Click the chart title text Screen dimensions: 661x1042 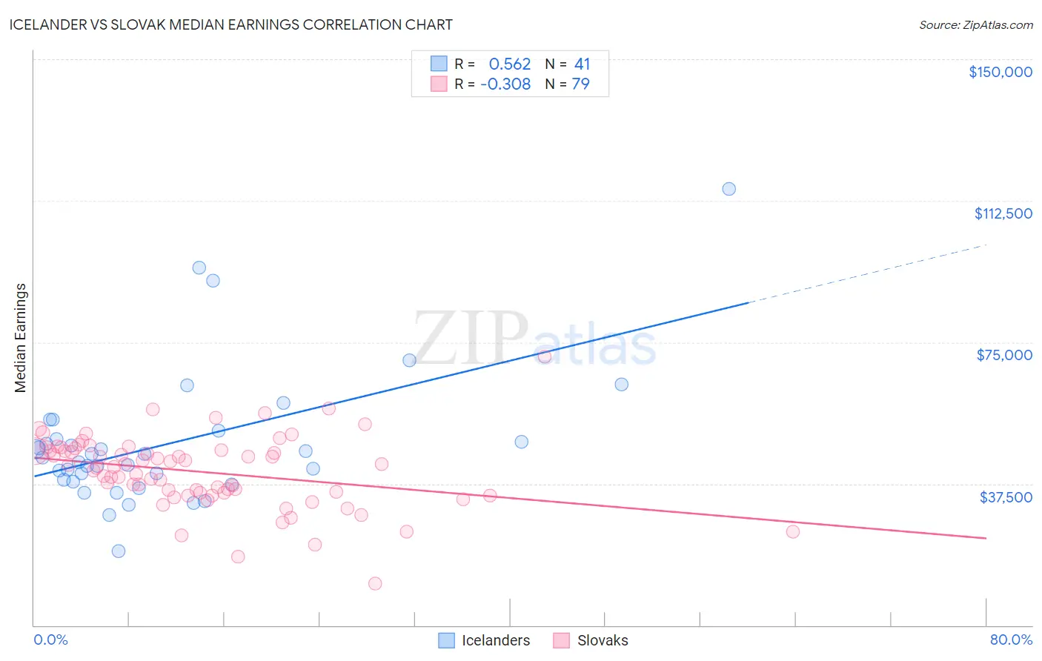[230, 24]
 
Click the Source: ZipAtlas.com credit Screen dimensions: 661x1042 [975, 24]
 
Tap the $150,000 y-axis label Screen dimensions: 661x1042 [1000, 72]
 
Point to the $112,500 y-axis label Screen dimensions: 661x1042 [1003, 213]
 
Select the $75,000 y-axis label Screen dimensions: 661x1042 [1003, 355]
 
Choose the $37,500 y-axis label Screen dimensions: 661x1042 [1005, 497]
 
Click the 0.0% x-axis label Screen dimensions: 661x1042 [50, 640]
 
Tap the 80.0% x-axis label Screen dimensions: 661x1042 [1010, 640]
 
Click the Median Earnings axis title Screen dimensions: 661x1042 [21, 338]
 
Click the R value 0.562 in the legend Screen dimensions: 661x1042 [509, 64]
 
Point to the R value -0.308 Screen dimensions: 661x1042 [505, 84]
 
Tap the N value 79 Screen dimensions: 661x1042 [580, 84]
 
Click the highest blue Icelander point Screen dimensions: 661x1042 [729, 189]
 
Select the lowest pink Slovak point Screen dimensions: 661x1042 [375, 584]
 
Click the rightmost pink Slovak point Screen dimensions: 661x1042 [792, 531]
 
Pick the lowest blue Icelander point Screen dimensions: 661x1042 [118, 551]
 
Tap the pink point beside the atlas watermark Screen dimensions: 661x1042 [545, 356]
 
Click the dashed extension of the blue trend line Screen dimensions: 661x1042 [867, 273]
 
